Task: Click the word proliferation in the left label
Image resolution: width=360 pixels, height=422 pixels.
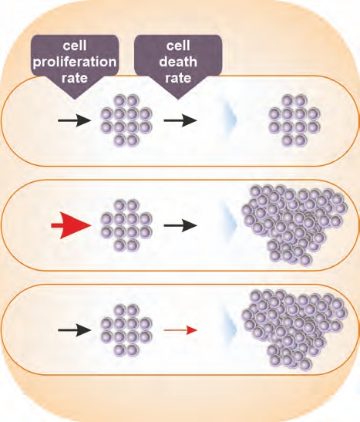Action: pos(75,62)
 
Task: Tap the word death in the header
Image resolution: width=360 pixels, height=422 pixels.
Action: pos(178,62)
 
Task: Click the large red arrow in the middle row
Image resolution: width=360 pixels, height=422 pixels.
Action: pos(71,225)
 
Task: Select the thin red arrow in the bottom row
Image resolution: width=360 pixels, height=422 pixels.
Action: pos(180,330)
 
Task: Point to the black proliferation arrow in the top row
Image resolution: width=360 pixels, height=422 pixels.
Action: pos(75,120)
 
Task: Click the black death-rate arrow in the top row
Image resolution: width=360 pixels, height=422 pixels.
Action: pos(180,120)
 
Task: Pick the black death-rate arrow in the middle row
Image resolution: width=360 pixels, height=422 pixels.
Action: pos(180,225)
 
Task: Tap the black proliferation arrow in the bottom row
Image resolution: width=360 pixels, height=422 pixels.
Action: pos(75,330)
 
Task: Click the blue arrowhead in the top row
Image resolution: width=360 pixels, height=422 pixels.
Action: pos(229,120)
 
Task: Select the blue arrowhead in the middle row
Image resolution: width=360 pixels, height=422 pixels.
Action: pos(229,225)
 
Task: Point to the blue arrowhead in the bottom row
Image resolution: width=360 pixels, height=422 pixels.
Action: pos(229,330)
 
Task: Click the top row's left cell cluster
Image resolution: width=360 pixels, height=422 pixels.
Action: pos(126,120)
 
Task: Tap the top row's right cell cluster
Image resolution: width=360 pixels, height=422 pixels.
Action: pos(294,120)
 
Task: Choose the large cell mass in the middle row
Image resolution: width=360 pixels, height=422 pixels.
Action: pos(294,225)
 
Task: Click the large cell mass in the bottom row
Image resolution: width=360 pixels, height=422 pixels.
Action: pos(294,329)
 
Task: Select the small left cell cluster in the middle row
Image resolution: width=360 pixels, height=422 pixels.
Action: pos(126,225)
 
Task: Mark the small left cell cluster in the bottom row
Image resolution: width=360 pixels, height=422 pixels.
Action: pos(126,330)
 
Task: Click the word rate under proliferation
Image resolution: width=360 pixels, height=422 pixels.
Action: pos(75,79)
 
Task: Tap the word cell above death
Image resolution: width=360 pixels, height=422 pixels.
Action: pos(178,46)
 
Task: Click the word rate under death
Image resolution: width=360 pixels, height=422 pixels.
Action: pos(178,79)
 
